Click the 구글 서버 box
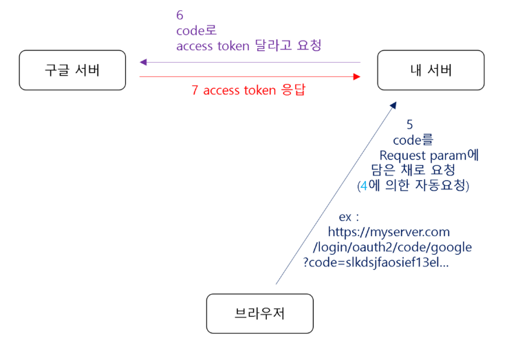pyautogui.click(x=72, y=70)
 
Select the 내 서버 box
pyautogui.click(x=431, y=70)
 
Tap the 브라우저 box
pyautogui.click(x=259, y=314)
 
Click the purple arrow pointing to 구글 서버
pyautogui.click(x=250, y=62)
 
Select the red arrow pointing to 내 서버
pyautogui.click(x=250, y=77)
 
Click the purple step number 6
pyautogui.click(x=180, y=14)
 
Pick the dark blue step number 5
pyautogui.click(x=410, y=125)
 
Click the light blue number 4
pyautogui.click(x=364, y=185)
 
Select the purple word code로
pyautogui.click(x=196, y=30)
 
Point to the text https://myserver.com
pyautogui.click(x=389, y=233)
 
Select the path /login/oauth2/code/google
pyautogui.click(x=392, y=247)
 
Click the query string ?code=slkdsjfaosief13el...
pyautogui.click(x=376, y=262)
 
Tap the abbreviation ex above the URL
pyautogui.click(x=347, y=217)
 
